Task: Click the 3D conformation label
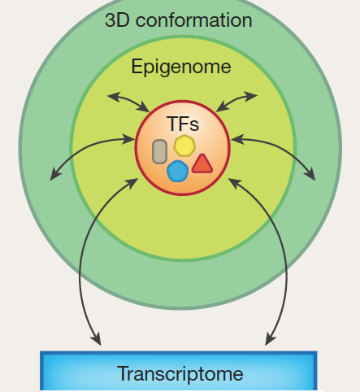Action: pos(179,20)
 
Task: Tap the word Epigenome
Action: pos(181,67)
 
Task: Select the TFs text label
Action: pos(183,124)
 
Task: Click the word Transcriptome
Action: pos(180,373)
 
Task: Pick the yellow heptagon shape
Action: pos(184,146)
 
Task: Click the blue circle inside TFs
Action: pos(177,171)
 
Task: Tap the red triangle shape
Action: pos(202,163)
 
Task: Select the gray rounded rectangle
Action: pos(159,151)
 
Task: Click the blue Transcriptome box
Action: pos(178,371)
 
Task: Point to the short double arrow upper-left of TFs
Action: pos(128,101)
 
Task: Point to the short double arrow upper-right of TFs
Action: pos(236,101)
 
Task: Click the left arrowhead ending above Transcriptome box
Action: pos(96,339)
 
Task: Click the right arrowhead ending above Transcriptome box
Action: pos(270,339)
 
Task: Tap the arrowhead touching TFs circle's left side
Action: pos(129,139)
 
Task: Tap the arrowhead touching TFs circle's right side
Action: pos(237,139)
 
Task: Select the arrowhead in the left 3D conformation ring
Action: pos(55,174)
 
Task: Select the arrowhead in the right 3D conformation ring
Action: pos(310,174)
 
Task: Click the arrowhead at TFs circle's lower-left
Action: pos(132,183)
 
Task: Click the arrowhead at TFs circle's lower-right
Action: pos(234,183)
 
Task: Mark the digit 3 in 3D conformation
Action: pos(110,20)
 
